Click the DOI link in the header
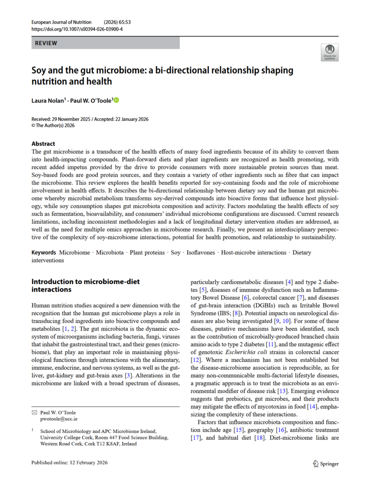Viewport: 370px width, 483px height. coord(77,29)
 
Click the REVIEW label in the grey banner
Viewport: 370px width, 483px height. coord(46,43)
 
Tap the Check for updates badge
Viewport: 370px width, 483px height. coord(329,52)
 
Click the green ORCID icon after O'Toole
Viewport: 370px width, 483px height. coord(117,100)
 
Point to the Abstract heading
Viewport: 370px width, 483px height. coord(43,143)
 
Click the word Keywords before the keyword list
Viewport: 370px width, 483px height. coord(44,252)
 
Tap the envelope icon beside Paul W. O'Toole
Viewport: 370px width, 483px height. coord(34,412)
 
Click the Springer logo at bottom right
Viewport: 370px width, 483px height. coord(326,464)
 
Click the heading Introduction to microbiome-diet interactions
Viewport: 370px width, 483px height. coord(85,285)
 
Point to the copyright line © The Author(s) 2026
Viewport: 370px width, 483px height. coord(53,125)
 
